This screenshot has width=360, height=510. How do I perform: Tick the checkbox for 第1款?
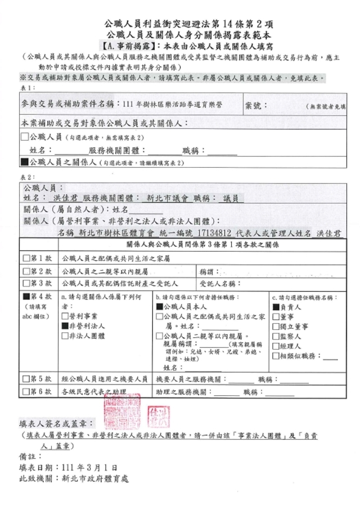coord(25,258)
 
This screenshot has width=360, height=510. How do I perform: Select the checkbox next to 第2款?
coord(25,271)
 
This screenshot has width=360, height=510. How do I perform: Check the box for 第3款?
coord(25,283)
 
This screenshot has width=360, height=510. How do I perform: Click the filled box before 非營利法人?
coord(64,326)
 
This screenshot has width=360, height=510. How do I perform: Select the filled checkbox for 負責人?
coord(275,307)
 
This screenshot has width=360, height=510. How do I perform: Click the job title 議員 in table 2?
coord(230,198)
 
